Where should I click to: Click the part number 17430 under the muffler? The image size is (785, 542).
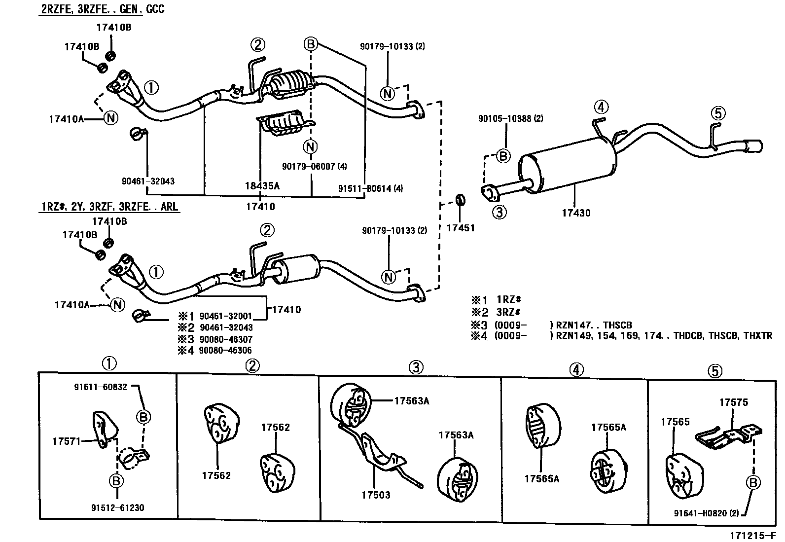[x=575, y=213]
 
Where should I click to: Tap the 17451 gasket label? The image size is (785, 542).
[x=460, y=228]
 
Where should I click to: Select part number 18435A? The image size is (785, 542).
[x=262, y=186]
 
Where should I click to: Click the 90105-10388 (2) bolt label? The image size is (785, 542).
[x=510, y=118]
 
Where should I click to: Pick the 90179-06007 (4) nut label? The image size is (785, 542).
[x=314, y=167]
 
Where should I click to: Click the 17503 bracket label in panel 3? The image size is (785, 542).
[x=375, y=495]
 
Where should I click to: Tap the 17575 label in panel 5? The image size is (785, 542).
[x=733, y=402]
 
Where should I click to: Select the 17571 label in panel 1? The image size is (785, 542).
[x=66, y=441]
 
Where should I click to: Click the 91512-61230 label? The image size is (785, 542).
[x=117, y=507]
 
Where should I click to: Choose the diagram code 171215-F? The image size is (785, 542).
[x=754, y=535]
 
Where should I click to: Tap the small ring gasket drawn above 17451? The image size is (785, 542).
[x=460, y=200]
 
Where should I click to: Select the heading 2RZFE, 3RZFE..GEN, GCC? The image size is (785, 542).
[x=102, y=9]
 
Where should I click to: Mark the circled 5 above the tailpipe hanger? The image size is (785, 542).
[x=718, y=113]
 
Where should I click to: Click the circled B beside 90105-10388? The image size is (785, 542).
[x=502, y=156]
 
